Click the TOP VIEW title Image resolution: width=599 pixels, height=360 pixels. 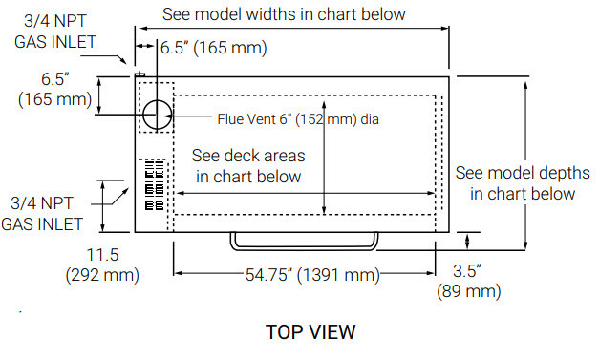(x=310, y=331)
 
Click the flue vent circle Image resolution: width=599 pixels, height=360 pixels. (x=157, y=100)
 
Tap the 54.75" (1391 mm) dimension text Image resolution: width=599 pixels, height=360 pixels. (x=312, y=274)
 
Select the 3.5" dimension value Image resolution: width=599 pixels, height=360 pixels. (x=467, y=271)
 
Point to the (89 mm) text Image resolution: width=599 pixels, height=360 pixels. (x=469, y=291)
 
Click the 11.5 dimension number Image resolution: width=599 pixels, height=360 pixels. (x=103, y=255)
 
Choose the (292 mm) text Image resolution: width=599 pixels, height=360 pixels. (x=102, y=275)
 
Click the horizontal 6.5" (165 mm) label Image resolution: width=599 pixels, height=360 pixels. (x=214, y=48)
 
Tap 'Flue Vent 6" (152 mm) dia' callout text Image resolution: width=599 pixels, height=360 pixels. (x=298, y=119)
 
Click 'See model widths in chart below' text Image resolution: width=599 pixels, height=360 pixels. (x=284, y=14)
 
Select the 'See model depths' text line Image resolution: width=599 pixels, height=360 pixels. (x=523, y=173)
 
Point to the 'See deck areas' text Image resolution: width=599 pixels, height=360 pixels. (x=248, y=156)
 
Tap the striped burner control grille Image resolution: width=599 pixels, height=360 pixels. (x=155, y=185)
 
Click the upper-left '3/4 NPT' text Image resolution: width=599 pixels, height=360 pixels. (x=55, y=21)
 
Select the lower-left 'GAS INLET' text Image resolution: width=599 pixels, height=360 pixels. (x=42, y=224)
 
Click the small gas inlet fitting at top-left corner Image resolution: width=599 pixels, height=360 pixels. (x=139, y=74)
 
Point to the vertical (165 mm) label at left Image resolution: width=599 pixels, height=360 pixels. (x=55, y=99)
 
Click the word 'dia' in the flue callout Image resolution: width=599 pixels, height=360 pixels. (x=370, y=119)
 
